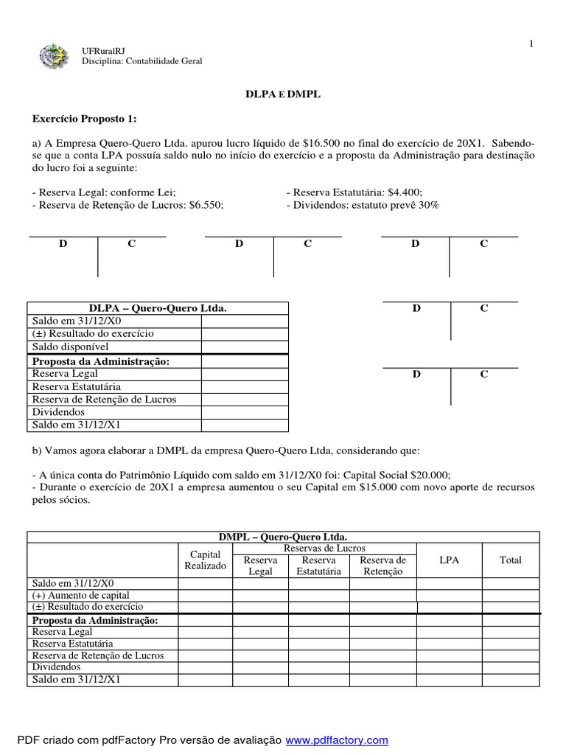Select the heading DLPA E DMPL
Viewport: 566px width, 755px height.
pyautogui.click(x=283, y=95)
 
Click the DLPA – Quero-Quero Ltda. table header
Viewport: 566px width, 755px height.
pyautogui.click(x=158, y=308)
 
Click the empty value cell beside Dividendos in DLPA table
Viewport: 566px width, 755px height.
pyautogui.click(x=245, y=412)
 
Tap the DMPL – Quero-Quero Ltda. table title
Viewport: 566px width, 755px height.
pyautogui.click(x=284, y=537)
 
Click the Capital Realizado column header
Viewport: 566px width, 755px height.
pyautogui.click(x=206, y=560)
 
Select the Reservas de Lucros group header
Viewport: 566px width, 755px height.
pyautogui.click(x=324, y=548)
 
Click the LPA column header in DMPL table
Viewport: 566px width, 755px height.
pyautogui.click(x=449, y=560)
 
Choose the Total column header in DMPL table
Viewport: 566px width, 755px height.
pyautogui.click(x=510, y=560)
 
